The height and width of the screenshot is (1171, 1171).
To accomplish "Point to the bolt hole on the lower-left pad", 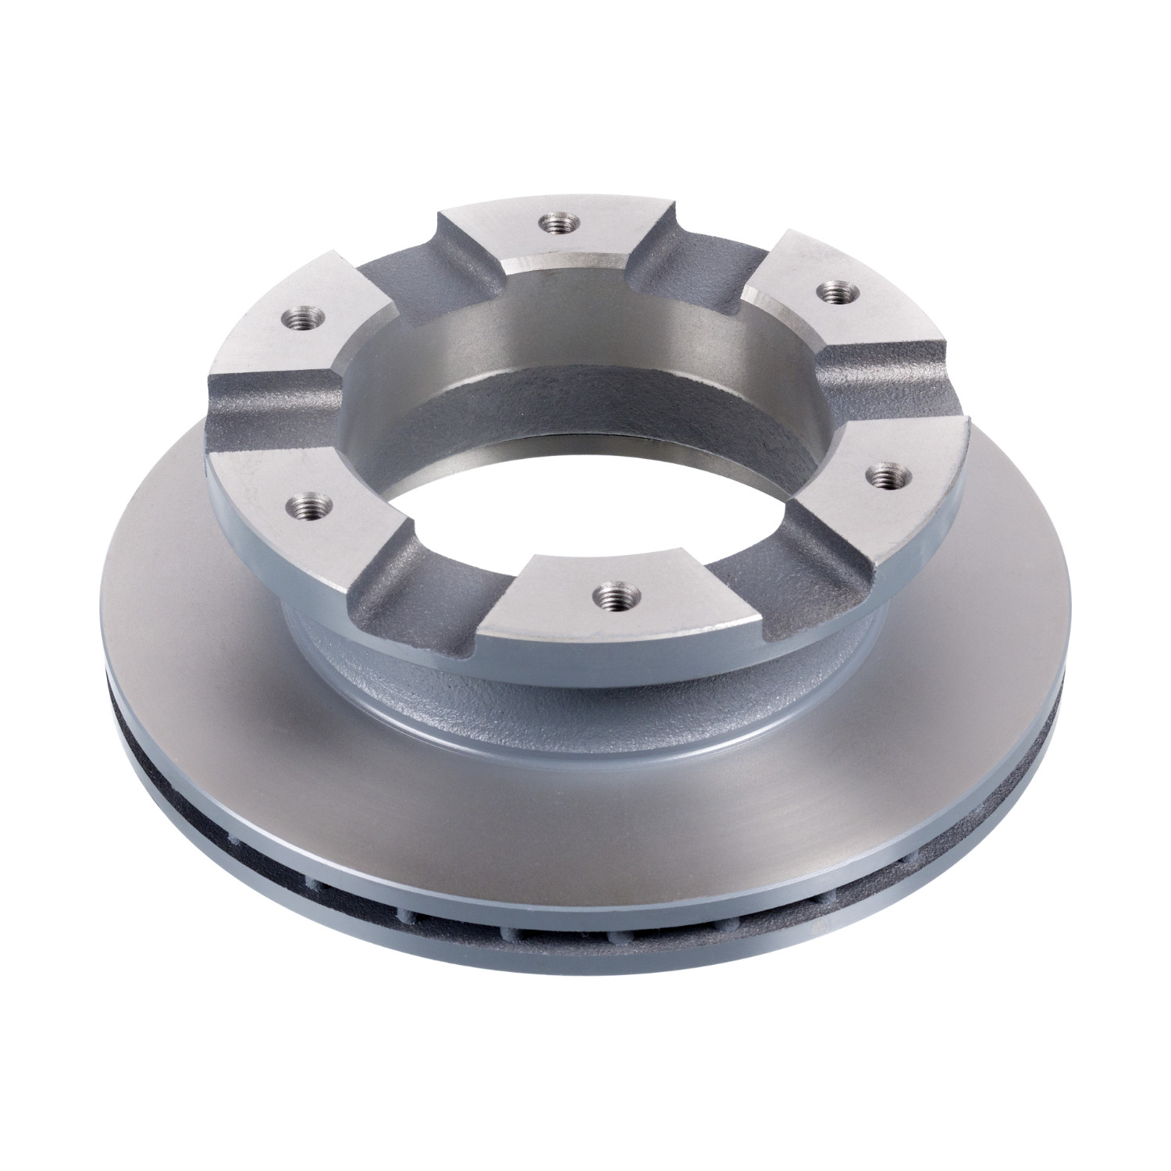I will (x=310, y=500).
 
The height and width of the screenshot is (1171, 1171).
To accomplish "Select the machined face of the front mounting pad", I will (x=625, y=625).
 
